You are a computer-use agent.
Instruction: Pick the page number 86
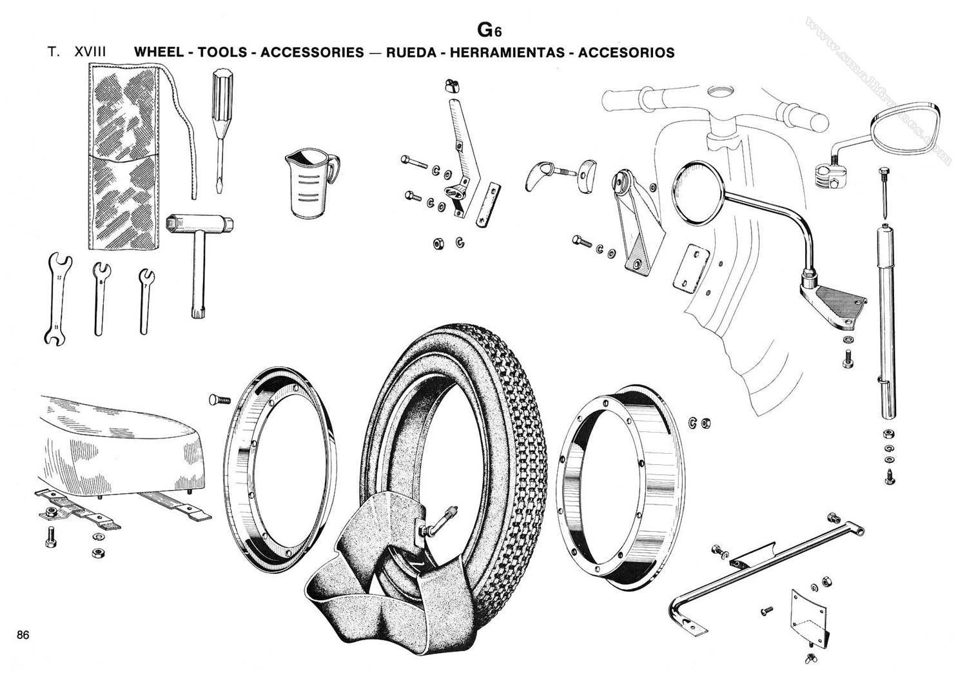coord(23,634)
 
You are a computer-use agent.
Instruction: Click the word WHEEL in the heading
coord(159,52)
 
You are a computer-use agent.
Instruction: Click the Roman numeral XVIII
coord(90,52)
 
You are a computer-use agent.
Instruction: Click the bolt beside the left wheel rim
coord(220,400)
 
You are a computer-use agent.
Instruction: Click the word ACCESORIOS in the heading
coord(626,52)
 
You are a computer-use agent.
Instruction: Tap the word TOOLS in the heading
coord(222,52)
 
